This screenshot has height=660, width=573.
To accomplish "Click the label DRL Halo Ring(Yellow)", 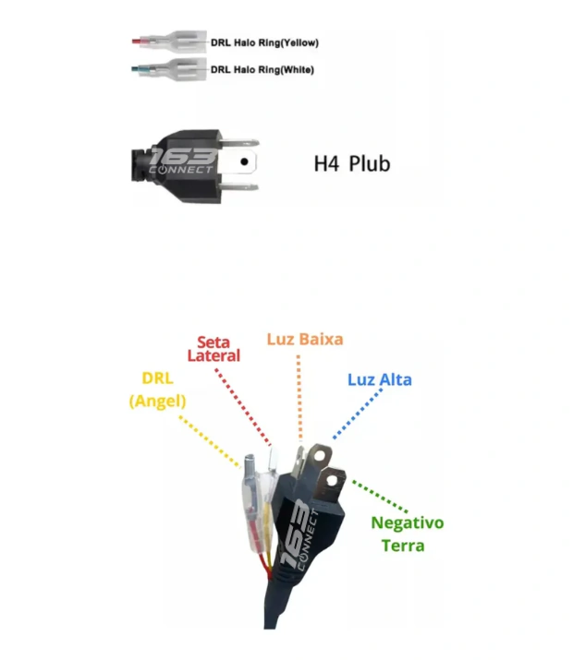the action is (264, 42).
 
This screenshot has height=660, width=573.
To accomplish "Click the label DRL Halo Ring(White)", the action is (262, 69).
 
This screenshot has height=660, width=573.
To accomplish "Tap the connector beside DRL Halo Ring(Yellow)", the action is (169, 42).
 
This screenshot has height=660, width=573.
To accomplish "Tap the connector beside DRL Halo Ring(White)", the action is (169, 68).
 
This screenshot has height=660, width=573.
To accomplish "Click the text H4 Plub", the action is (352, 163).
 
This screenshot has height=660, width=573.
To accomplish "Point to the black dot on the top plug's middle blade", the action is (244, 162).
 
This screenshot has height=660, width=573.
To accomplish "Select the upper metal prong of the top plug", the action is (238, 143).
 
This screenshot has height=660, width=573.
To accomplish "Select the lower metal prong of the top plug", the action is (238, 186).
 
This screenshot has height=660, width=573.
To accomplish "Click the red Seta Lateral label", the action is (213, 349).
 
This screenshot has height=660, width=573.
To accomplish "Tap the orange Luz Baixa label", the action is (305, 340).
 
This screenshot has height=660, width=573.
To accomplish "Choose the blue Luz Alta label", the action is (380, 379).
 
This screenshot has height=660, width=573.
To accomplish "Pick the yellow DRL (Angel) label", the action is (157, 390).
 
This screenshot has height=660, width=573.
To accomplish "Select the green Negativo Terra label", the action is (407, 534).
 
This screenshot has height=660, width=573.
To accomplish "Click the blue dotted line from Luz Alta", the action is (358, 414).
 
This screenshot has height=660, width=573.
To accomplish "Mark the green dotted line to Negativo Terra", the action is (380, 497).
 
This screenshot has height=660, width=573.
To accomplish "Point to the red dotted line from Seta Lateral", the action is (243, 407).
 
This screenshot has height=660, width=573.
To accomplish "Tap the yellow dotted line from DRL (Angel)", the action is (210, 441).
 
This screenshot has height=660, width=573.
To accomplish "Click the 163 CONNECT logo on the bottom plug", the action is (300, 535).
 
